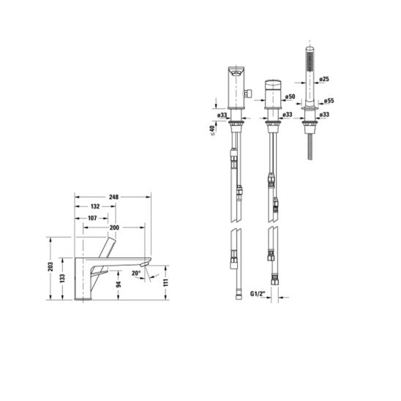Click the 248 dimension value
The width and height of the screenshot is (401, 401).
pyautogui.click(x=114, y=197)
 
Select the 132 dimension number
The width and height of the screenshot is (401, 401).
pyautogui.click(x=95, y=206)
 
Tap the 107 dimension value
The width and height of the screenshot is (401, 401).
pyautogui.click(x=92, y=218)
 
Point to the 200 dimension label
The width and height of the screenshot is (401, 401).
pyautogui.click(x=114, y=228)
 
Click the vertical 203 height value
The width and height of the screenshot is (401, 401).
pyautogui.click(x=50, y=267)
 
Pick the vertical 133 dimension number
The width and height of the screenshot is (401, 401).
pyautogui.click(x=62, y=279)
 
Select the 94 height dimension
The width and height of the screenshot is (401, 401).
pyautogui.click(x=119, y=284)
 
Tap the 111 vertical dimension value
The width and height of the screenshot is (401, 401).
pyautogui.click(x=165, y=282)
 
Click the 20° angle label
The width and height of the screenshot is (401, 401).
pyautogui.click(x=136, y=273)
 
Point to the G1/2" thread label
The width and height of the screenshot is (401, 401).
pyautogui.click(x=258, y=294)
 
